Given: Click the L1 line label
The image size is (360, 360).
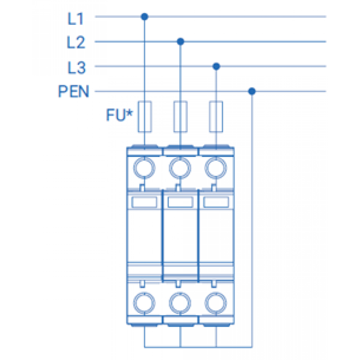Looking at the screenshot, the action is (75, 19).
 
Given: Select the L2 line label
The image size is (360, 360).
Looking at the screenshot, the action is (76, 42).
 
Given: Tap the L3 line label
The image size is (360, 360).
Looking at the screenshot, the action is (76, 68).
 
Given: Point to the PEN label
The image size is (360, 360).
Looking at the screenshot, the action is (73, 91).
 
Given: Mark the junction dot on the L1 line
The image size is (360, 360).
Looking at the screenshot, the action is (144, 17).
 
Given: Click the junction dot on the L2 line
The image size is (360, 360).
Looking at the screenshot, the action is (180, 41).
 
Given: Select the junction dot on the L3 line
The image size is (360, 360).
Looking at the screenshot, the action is (216, 66).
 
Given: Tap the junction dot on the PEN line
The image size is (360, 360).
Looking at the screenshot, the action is (252, 91).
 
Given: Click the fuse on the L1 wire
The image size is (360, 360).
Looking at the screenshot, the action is (145, 117).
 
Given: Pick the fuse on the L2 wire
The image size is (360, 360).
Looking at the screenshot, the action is (180, 117).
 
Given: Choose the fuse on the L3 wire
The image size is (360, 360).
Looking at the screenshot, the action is (216, 117).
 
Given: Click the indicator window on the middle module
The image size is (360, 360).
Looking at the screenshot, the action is (180, 202).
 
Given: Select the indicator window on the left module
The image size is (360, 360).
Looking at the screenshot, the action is (144, 202).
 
